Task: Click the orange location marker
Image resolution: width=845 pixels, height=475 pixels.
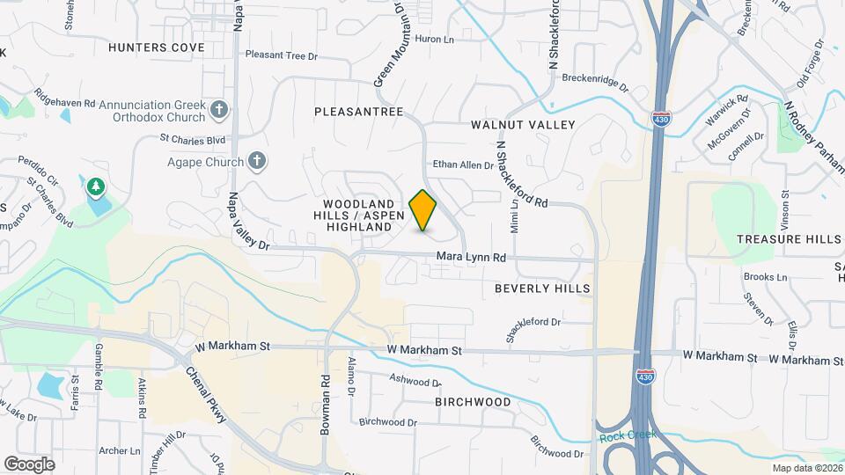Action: [423, 210]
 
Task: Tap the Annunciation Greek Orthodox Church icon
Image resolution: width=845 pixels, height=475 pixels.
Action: [220, 111]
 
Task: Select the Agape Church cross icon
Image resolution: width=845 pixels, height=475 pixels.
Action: [256, 161]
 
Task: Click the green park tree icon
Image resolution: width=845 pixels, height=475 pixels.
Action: [95, 186]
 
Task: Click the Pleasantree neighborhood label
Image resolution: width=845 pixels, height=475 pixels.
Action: [358, 112]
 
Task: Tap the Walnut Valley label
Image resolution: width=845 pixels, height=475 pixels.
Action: [523, 125]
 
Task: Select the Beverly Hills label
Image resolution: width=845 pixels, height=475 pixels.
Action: [541, 289]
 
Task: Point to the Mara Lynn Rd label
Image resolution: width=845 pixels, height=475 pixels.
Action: [472, 258]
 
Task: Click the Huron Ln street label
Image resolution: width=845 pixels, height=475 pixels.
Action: [434, 40]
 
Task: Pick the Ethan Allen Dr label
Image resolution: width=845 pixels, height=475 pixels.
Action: [464, 164]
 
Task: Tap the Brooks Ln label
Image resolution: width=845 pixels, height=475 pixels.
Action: [765, 276]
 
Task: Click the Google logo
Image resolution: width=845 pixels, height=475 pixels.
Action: [30, 464]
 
